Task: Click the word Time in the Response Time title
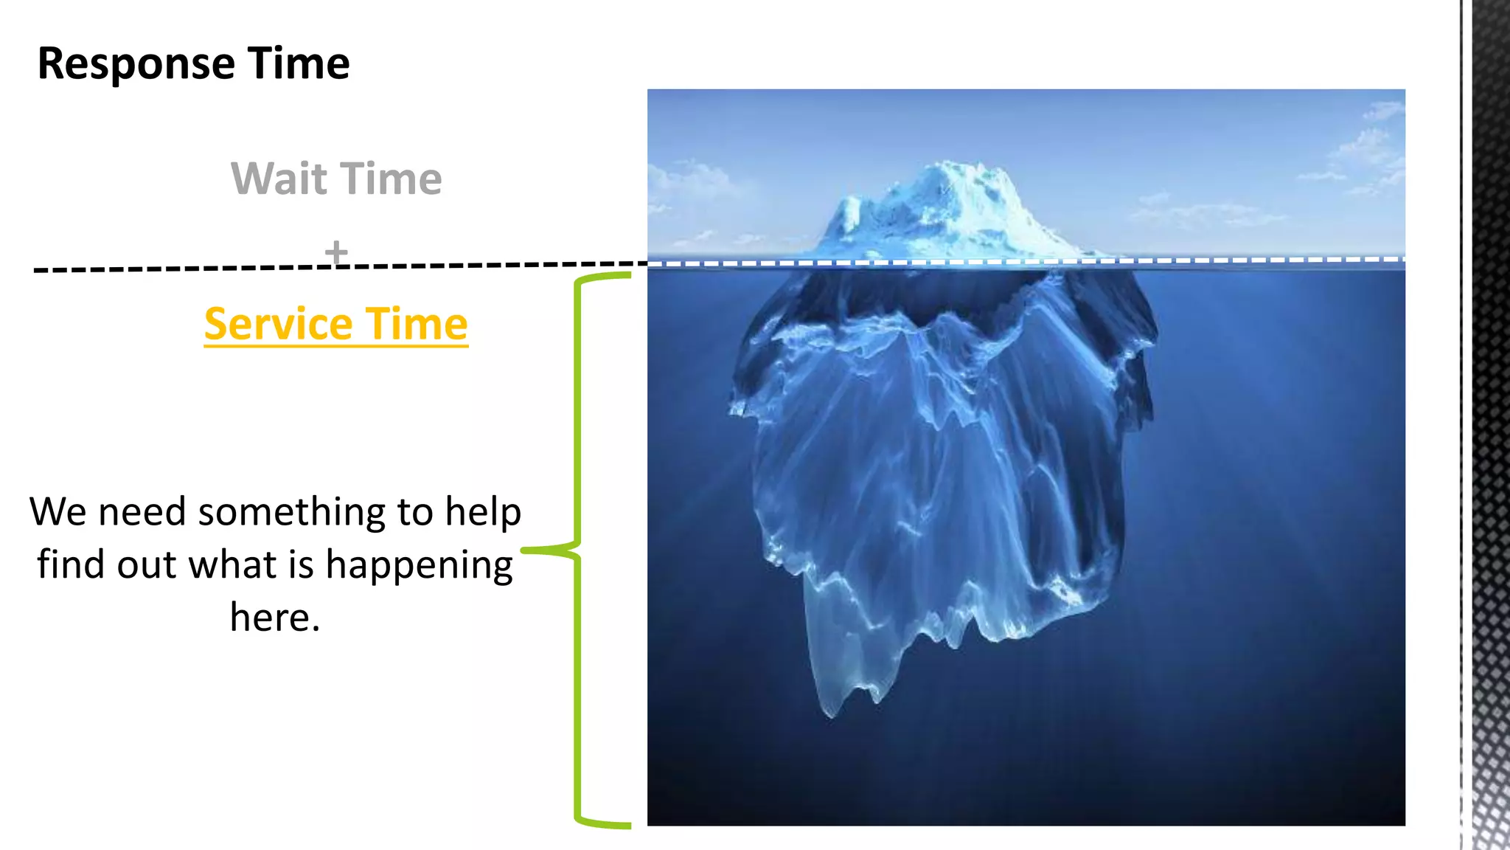(x=298, y=63)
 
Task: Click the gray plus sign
(x=336, y=252)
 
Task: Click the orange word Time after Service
(x=417, y=325)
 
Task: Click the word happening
(x=419, y=566)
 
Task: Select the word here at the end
(x=270, y=618)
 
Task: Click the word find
(x=71, y=564)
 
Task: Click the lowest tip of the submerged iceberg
(x=830, y=714)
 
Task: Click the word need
(x=142, y=512)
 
